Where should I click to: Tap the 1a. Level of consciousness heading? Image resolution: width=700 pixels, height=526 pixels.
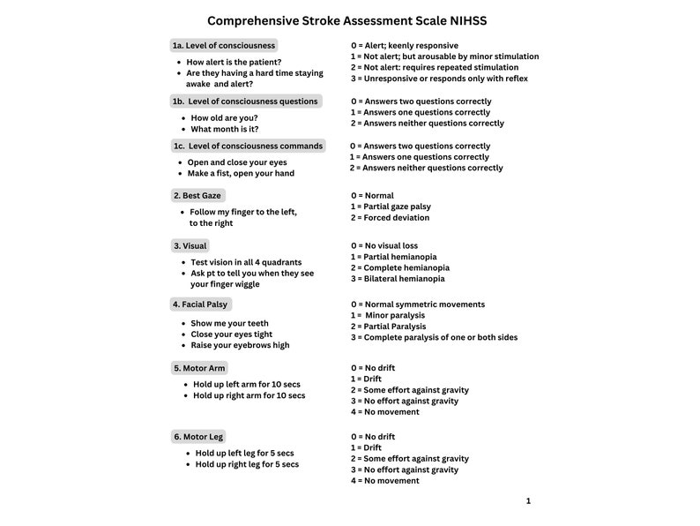[224, 45]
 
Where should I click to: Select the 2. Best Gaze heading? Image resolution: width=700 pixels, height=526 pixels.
[197, 195]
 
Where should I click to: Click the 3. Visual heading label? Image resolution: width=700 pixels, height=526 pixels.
[190, 245]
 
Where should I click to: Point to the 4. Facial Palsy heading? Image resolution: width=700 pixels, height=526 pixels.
[200, 304]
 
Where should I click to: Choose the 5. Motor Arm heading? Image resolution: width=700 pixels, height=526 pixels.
[199, 368]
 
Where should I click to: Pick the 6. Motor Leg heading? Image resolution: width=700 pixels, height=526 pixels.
[198, 436]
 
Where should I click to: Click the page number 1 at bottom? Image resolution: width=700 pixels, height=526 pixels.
[528, 501]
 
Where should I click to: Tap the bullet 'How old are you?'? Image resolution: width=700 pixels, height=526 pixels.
[224, 117]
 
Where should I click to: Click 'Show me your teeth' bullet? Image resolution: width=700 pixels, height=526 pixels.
[229, 323]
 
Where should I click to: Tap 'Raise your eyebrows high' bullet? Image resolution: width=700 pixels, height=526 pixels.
[240, 345]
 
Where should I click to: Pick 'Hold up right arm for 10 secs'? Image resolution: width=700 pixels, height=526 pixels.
[249, 395]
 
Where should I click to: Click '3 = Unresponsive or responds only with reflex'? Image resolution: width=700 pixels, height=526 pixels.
[439, 79]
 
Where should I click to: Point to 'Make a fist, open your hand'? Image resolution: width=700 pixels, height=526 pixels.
[241, 173]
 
